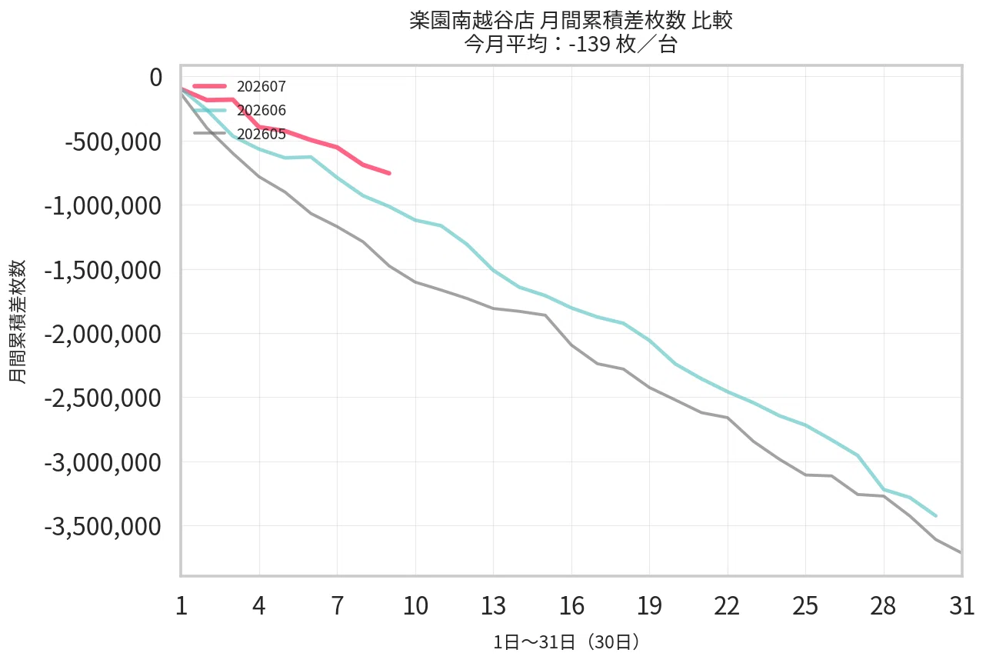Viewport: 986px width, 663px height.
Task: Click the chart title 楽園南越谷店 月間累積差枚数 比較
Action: (571, 20)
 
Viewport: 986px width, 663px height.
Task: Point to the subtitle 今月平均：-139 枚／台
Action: (571, 44)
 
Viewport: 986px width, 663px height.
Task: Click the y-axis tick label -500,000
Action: (113, 142)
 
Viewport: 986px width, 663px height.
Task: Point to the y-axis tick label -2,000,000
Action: (103, 334)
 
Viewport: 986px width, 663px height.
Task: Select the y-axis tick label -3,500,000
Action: (103, 527)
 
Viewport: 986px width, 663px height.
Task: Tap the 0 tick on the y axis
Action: (156, 78)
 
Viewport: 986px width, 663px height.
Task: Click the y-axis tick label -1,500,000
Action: (103, 270)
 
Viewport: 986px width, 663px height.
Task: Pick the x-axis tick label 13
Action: (494, 606)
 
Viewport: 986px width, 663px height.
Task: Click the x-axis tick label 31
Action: (962, 606)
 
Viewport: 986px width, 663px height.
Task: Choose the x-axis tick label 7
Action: (337, 606)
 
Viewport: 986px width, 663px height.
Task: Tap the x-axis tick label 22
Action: (728, 606)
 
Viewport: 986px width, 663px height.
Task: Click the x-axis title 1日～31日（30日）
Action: (567, 642)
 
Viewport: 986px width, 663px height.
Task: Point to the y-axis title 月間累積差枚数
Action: (18, 322)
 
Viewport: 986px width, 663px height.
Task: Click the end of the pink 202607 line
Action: (390, 174)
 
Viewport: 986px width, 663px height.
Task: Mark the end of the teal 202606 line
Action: (936, 515)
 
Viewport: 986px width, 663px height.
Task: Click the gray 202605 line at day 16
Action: (571, 345)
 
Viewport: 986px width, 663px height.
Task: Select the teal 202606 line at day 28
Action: (884, 489)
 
